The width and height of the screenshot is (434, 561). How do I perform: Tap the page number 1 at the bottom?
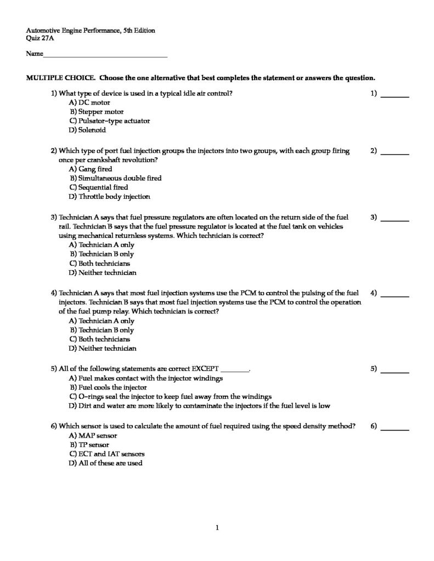click(x=217, y=528)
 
